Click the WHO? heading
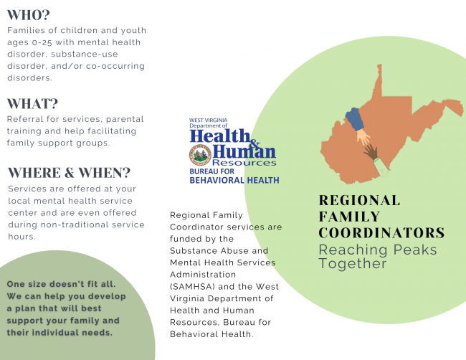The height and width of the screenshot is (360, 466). point(29,15)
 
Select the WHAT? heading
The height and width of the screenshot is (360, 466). point(32,104)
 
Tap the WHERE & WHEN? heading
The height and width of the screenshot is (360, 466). point(70,173)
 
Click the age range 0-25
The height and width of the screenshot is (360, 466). point(42,42)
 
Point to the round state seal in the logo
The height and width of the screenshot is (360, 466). point(200,155)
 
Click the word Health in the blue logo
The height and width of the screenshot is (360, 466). point(220,136)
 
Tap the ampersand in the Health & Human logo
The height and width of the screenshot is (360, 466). point(254,143)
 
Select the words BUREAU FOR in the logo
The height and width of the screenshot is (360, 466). point(212,171)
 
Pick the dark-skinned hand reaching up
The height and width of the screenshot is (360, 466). point(371,151)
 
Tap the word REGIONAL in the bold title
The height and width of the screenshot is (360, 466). point(359,200)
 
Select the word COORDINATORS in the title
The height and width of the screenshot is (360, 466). point(381,233)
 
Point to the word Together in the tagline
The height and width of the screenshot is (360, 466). point(353,264)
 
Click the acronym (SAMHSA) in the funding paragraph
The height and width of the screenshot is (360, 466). point(192,287)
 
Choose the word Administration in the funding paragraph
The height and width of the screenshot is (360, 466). point(203,275)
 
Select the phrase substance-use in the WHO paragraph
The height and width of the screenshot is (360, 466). point(85,55)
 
